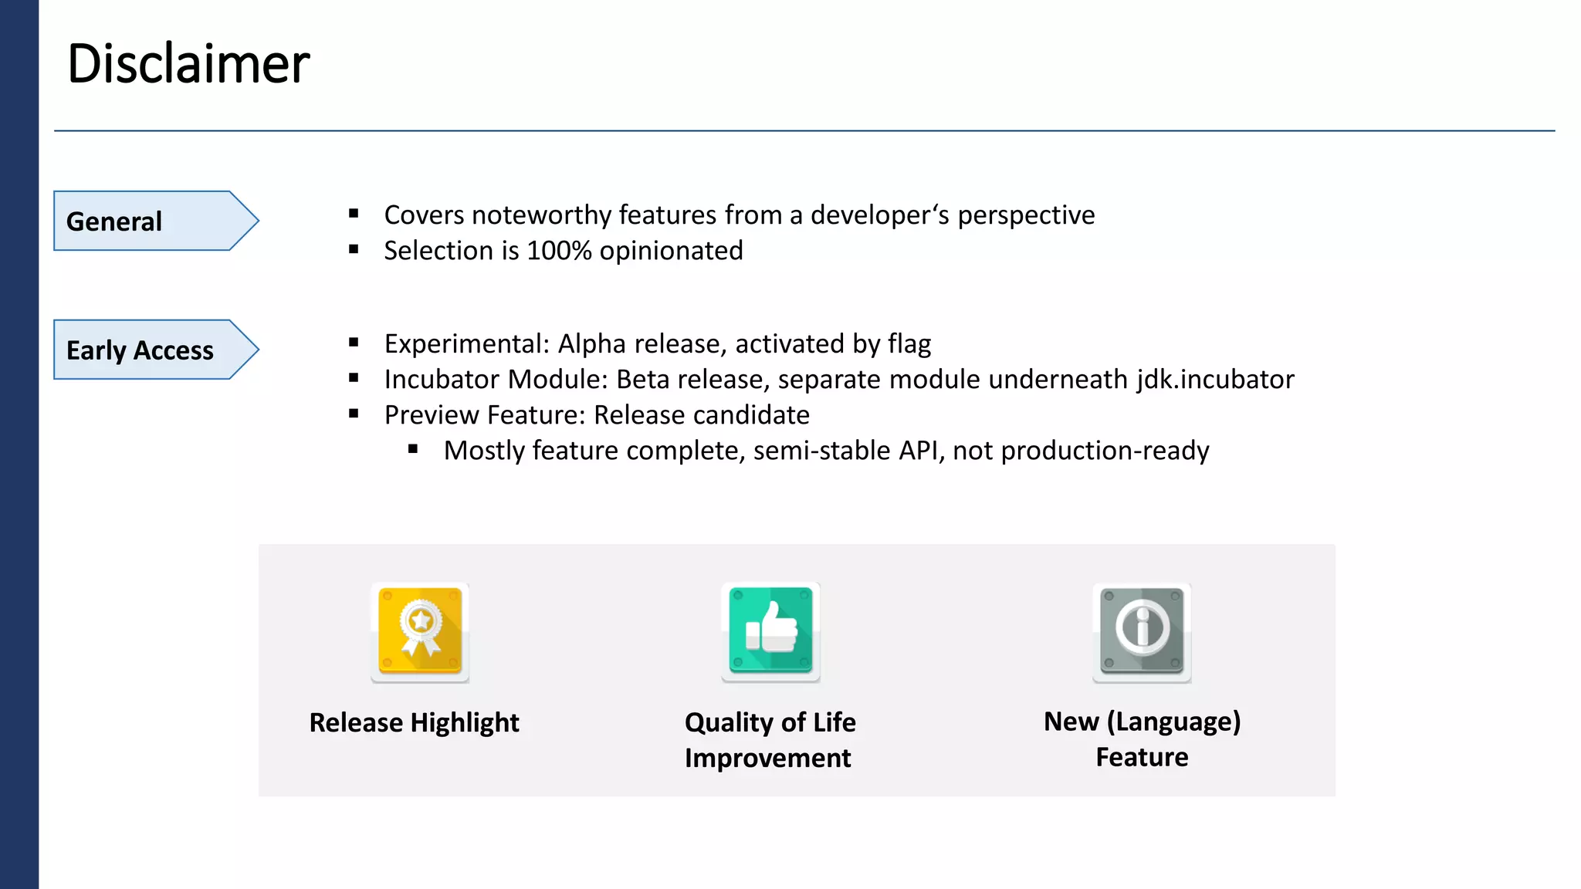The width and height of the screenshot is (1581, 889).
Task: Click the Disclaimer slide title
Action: [188, 63]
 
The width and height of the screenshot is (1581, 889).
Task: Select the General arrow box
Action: [147, 221]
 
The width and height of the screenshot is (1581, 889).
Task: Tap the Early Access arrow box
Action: [147, 350]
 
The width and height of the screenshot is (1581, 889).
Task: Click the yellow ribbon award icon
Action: [420, 631]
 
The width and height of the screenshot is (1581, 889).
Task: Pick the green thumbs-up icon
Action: [770, 631]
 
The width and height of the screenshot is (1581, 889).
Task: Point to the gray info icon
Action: [1142, 631]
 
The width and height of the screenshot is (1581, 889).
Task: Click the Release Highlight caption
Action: [414, 722]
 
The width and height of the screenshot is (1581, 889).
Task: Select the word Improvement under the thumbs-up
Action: [767, 758]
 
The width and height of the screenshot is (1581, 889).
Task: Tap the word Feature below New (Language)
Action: [1142, 757]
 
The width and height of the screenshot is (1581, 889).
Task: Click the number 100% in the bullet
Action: [559, 251]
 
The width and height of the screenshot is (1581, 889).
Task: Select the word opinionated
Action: [671, 252]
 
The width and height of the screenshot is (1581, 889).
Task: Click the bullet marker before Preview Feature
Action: [354, 414]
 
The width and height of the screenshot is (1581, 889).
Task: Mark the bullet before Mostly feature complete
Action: [413, 449]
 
